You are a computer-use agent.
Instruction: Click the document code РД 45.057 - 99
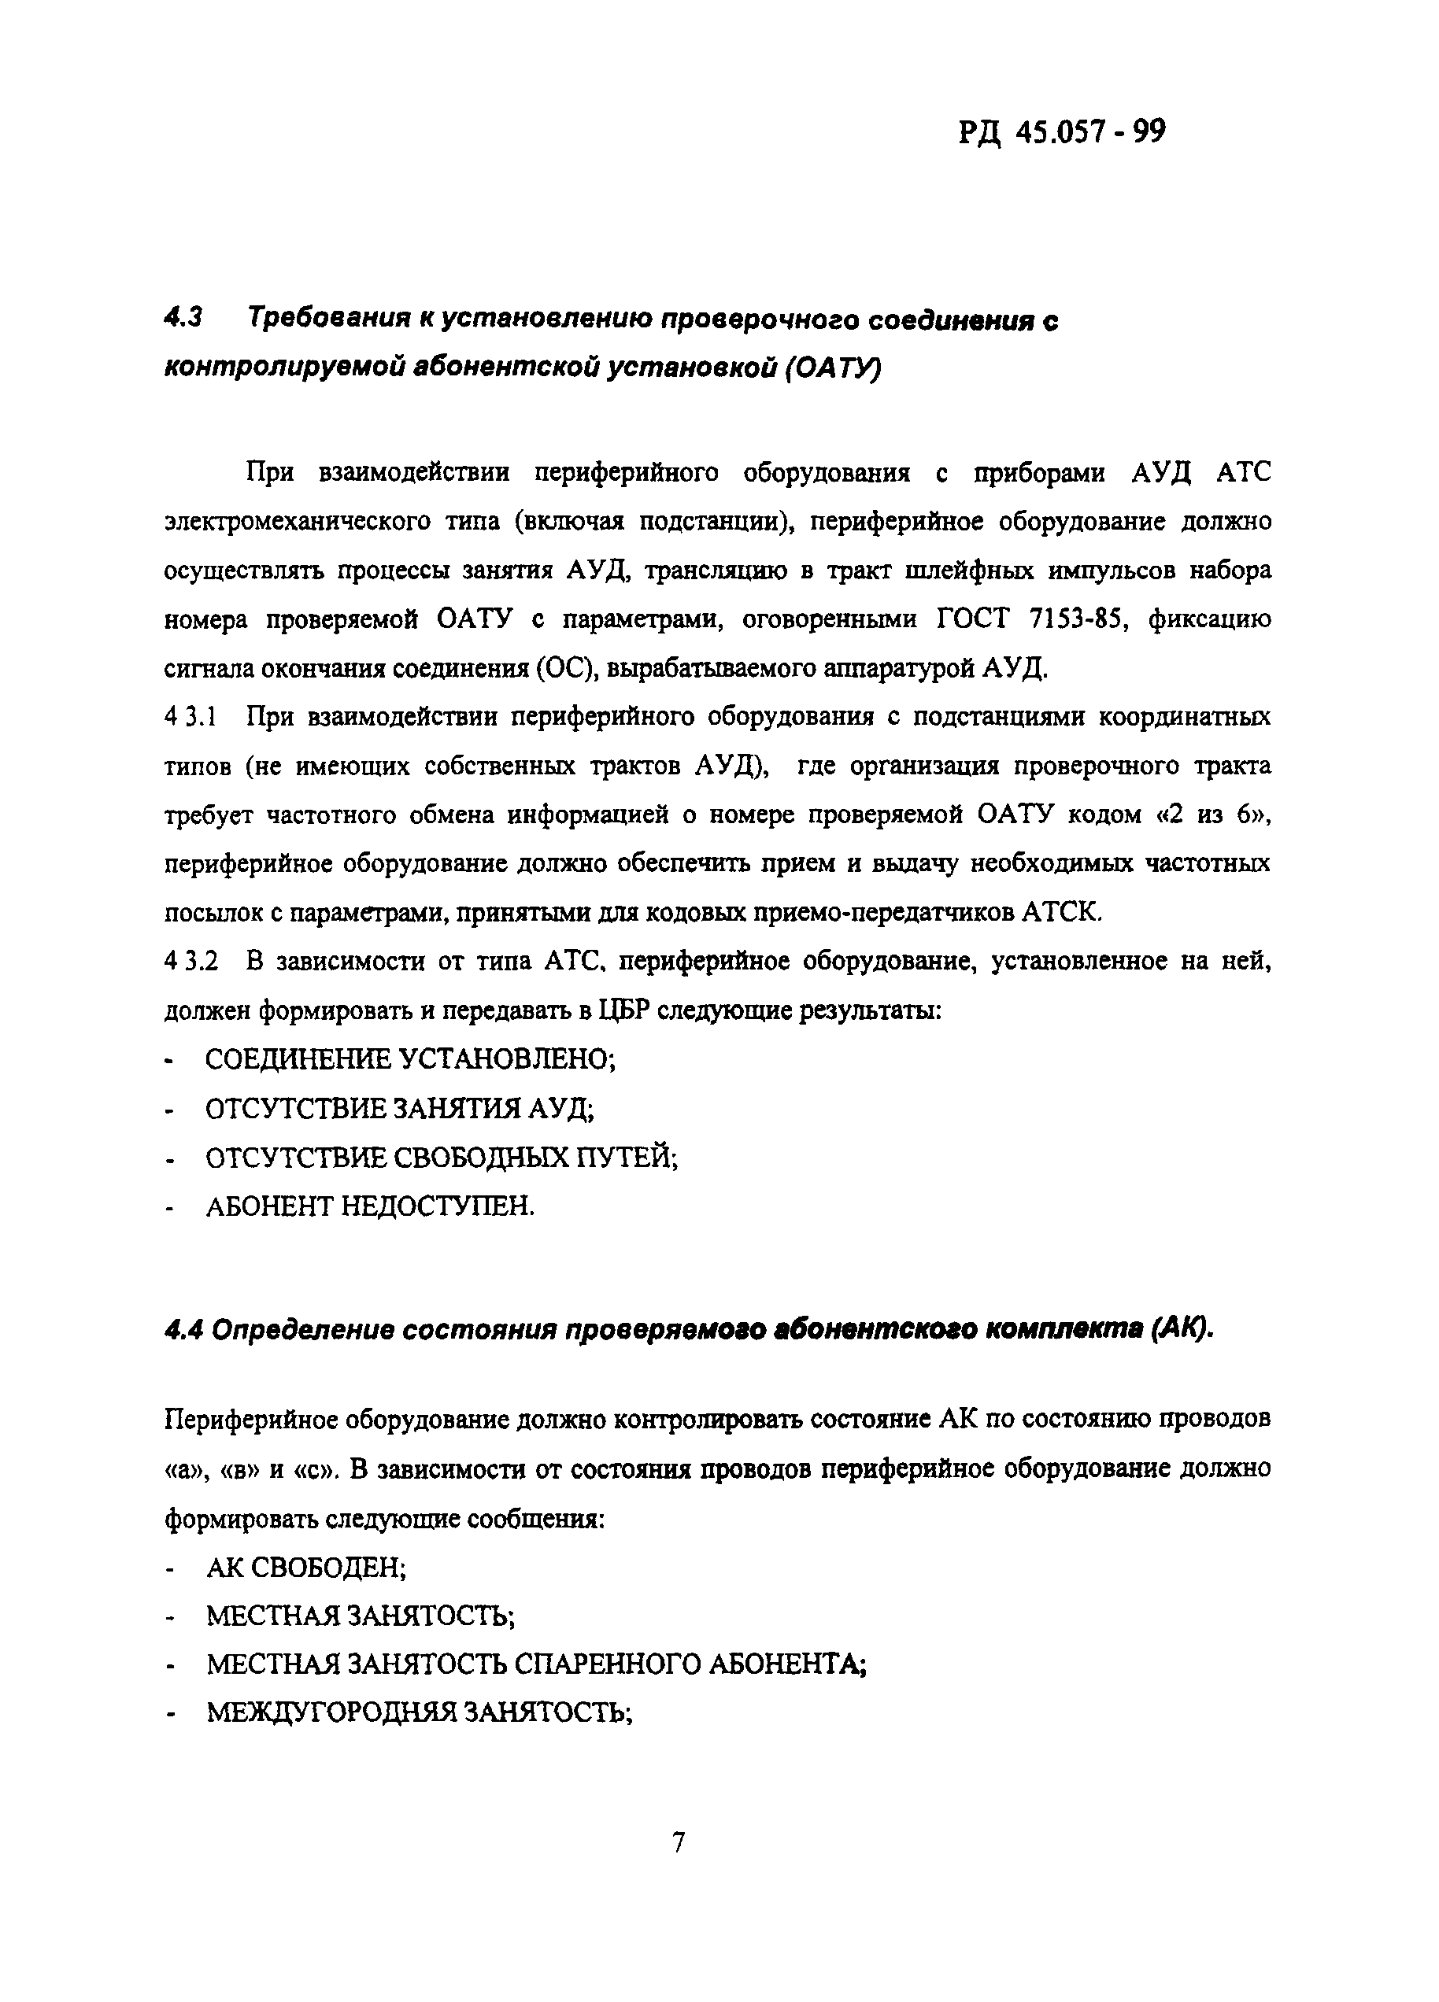[x=1062, y=132]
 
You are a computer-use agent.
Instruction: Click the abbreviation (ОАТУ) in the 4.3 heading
[x=831, y=368]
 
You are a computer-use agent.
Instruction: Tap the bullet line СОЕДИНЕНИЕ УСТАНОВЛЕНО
[x=409, y=1058]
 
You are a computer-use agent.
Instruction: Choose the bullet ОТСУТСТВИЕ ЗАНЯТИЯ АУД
[x=399, y=1108]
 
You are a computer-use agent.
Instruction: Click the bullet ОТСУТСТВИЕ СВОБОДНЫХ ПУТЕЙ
[x=442, y=1158]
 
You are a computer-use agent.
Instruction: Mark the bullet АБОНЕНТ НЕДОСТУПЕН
[x=370, y=1206]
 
